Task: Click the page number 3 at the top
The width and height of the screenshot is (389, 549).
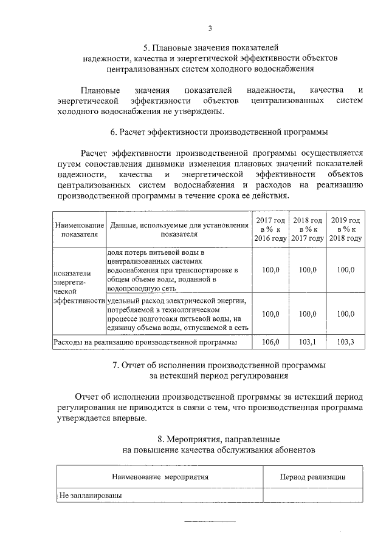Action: (210, 28)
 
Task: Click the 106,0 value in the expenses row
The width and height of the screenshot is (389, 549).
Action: (270, 342)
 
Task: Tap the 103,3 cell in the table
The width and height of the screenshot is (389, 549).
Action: (345, 342)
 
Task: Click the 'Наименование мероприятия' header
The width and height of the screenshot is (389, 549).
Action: (160, 477)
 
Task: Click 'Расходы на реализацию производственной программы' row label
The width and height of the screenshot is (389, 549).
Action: (145, 342)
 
